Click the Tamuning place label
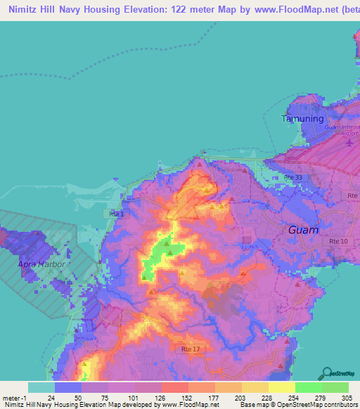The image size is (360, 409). (302, 118)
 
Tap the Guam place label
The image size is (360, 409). (304, 230)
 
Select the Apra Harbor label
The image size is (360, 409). (41, 264)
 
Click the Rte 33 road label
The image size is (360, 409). (293, 178)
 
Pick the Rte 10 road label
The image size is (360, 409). (338, 242)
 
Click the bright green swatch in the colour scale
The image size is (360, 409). (308, 387)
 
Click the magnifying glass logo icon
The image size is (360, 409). (327, 372)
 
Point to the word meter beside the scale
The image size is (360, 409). (11, 397)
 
